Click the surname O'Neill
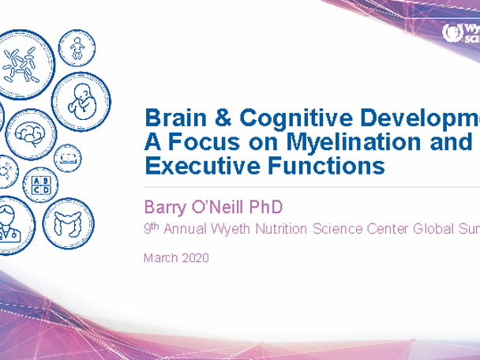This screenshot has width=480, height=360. pyautogui.click(x=221, y=207)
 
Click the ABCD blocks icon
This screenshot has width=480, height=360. pyautogui.click(x=39, y=186)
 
